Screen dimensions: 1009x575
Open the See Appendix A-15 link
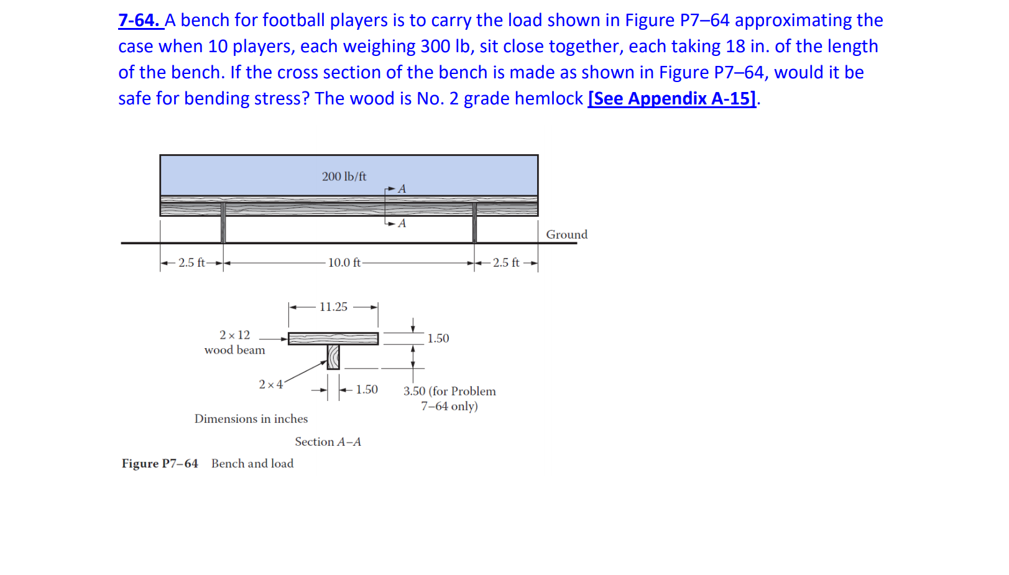click(x=671, y=99)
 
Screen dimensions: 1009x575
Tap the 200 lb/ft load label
click(x=344, y=177)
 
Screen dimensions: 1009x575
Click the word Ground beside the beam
click(x=566, y=234)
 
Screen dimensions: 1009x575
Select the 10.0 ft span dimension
click(x=344, y=263)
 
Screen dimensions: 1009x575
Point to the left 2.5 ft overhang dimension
click(x=191, y=263)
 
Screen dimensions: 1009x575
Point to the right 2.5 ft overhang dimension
click(x=506, y=263)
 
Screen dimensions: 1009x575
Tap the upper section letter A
click(x=402, y=189)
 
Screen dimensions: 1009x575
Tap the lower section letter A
click(x=402, y=223)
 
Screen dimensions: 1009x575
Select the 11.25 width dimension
click(x=333, y=307)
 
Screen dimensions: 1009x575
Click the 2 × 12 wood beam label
click(x=234, y=343)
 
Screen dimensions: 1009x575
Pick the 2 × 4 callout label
click(x=270, y=385)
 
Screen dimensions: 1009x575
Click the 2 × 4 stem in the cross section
click(x=333, y=357)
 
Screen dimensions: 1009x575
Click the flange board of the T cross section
click(x=333, y=338)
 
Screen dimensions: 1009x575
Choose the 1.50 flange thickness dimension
click(x=438, y=339)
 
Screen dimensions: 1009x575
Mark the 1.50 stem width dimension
click(x=367, y=390)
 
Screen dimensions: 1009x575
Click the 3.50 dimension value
click(x=415, y=391)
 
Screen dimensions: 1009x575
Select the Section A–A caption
click(x=328, y=442)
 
